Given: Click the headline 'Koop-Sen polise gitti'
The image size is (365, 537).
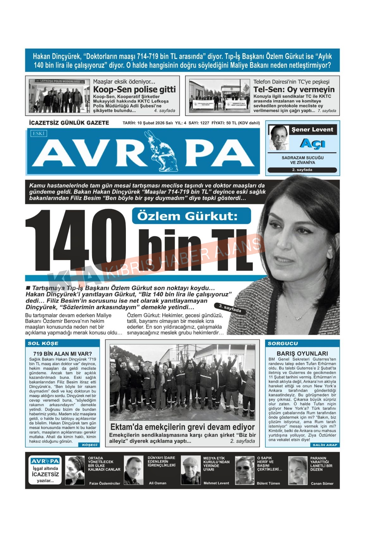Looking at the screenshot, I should pyautogui.click(x=134, y=89).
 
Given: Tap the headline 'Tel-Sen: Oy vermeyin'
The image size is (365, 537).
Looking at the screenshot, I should pyautogui.click(x=294, y=89).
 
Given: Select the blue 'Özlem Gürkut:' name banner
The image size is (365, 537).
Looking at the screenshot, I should pyautogui.click(x=191, y=216).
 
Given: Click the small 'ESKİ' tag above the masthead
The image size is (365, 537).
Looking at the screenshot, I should pyautogui.click(x=39, y=133).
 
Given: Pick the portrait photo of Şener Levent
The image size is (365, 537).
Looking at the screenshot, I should pyautogui.click(x=279, y=138).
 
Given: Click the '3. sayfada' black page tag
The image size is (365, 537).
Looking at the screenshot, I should pyautogui.click(x=230, y=308).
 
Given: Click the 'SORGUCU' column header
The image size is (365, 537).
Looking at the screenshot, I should pyautogui.click(x=283, y=343).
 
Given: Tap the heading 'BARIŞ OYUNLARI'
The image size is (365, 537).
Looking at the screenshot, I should pyautogui.click(x=302, y=353).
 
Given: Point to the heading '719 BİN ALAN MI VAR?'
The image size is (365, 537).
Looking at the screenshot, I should pyautogui.click(x=62, y=354).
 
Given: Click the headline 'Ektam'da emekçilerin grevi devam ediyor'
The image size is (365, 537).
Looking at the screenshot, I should pyautogui.click(x=182, y=427).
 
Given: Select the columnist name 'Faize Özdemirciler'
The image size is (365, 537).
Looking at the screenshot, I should pyautogui.click(x=105, y=483).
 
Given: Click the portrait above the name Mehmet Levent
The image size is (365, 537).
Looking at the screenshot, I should pyautogui.click(x=190, y=470).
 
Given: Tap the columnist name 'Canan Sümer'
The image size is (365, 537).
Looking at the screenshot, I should pyautogui.click(x=322, y=483).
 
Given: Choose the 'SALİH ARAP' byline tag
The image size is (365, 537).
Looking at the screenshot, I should pyautogui.click(x=325, y=445).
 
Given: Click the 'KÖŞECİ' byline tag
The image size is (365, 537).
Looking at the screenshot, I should pyautogui.click(x=90, y=445).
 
